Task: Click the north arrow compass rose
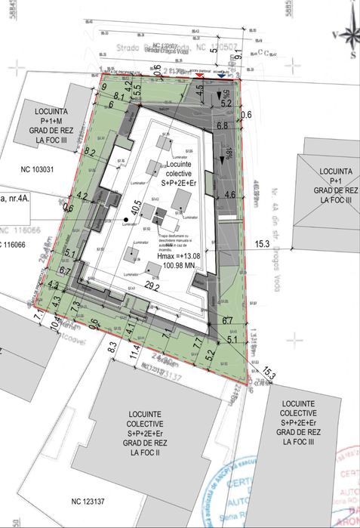pos(348,34)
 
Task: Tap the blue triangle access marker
pos(220,76)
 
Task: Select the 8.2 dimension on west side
pos(91,153)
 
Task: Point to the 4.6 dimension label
pos(230,195)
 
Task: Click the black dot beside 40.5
pos(125,220)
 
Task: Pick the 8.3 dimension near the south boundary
pos(112,349)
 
